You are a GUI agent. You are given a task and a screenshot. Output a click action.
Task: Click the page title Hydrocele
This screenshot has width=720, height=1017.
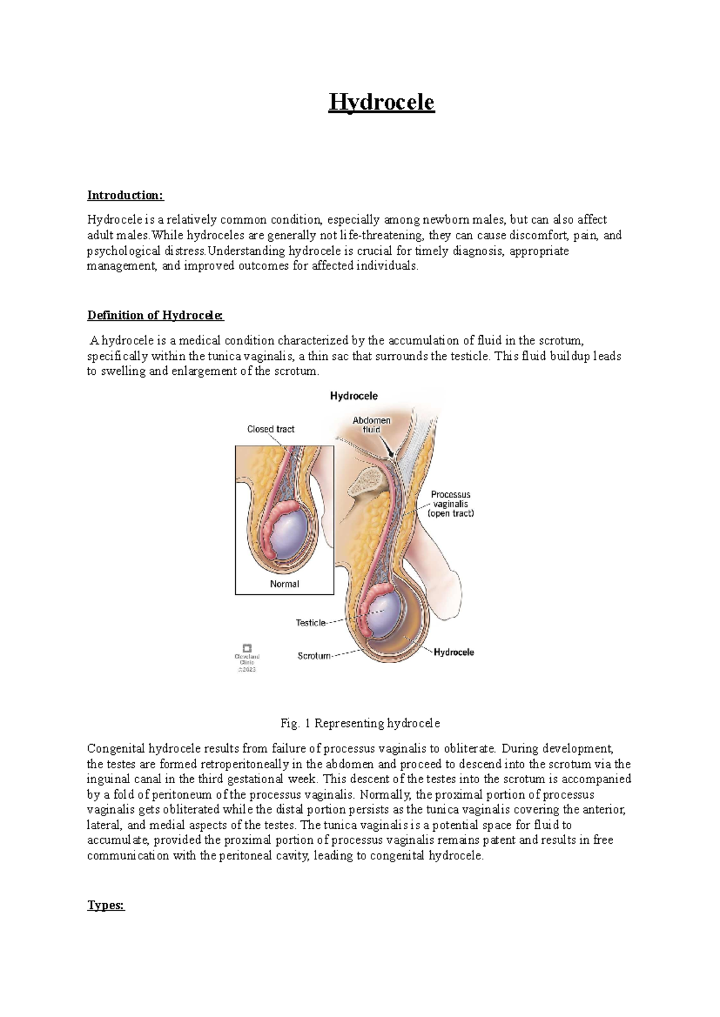(381, 103)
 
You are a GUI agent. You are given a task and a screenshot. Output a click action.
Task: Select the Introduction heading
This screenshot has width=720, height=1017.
(125, 195)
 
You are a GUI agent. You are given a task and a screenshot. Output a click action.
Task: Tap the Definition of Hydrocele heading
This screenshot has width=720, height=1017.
(155, 315)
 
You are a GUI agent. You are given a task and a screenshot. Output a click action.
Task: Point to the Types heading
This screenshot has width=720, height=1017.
(106, 905)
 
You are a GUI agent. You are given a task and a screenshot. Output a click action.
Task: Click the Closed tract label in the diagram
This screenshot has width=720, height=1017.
(271, 429)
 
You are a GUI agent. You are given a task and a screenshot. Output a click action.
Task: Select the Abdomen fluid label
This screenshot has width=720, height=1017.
(371, 425)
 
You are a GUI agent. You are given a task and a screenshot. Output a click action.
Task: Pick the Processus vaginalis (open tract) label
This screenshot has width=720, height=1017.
(451, 504)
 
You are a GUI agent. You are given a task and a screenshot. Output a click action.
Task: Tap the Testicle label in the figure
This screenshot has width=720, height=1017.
(310, 623)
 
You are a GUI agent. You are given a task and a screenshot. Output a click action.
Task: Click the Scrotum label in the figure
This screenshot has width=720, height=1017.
(314, 656)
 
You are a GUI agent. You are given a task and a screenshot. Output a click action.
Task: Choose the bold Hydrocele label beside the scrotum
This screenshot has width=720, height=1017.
(454, 652)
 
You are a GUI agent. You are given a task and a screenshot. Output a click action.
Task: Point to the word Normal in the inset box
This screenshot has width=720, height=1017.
(284, 584)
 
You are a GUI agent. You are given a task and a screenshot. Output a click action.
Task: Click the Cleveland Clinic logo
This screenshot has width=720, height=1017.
(247, 648)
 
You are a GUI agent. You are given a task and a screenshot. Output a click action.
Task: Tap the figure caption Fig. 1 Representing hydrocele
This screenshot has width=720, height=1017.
(360, 723)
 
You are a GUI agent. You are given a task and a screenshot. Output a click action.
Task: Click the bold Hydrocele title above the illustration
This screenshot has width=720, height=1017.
(353, 396)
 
